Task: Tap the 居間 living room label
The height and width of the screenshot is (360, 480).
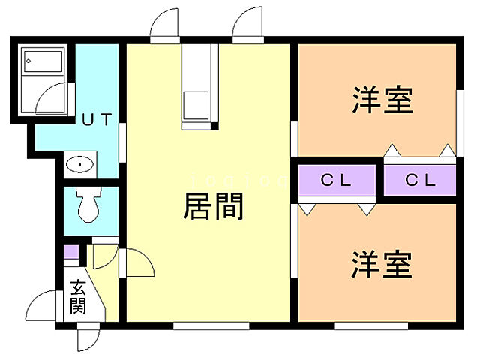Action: click(213, 206)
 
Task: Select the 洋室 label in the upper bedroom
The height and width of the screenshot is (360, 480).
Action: click(382, 100)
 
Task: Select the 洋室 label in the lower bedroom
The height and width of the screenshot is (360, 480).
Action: click(382, 265)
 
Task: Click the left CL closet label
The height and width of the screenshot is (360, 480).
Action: click(336, 180)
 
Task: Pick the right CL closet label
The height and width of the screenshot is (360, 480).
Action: click(420, 180)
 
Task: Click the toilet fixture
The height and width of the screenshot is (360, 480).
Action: click(89, 205)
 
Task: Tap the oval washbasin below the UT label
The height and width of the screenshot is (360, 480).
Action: click(79, 164)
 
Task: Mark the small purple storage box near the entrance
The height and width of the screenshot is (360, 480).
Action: click(70, 252)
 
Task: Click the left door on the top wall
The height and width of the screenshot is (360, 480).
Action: click(163, 28)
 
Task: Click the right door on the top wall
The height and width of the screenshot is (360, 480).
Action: click(247, 28)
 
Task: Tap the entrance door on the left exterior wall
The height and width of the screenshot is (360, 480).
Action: click(41, 307)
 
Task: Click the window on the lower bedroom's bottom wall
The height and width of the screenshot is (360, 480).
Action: click(370, 325)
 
